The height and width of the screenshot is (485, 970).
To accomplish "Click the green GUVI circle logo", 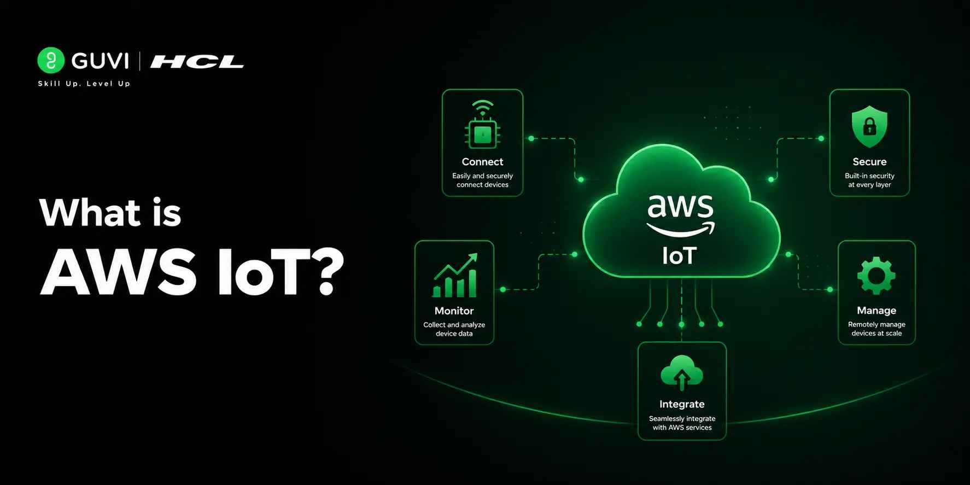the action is [x=51, y=60].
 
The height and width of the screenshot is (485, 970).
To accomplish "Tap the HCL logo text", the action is [x=197, y=62].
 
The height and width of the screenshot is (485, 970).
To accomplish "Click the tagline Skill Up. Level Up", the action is [x=84, y=84].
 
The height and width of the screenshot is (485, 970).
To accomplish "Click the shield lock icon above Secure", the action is [x=869, y=127].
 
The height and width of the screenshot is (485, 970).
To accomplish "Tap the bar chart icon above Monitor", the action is [x=455, y=275].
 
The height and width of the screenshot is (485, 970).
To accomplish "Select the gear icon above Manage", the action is [x=876, y=276].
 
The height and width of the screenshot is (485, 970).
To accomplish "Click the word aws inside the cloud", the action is [x=681, y=206].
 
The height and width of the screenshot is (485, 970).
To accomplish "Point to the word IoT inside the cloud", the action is [x=679, y=256].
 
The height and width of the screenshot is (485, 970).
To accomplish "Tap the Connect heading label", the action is [x=482, y=162].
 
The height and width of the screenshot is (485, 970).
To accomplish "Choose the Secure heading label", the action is [x=869, y=162].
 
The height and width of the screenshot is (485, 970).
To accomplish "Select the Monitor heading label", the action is [x=454, y=311].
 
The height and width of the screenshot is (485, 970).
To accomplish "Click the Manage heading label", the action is [x=876, y=311].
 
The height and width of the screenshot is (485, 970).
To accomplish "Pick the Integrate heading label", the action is [x=682, y=404].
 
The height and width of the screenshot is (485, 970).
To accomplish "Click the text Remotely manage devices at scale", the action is [x=876, y=329].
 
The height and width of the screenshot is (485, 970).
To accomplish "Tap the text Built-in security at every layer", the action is [x=869, y=180].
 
